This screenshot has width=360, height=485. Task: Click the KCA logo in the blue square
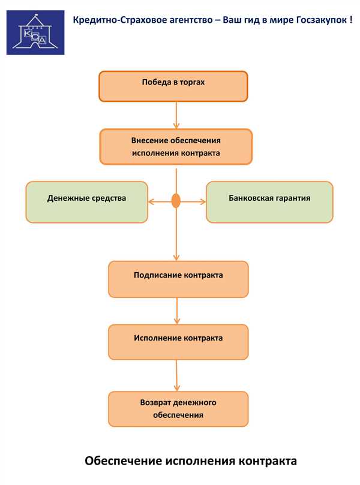click(35, 32)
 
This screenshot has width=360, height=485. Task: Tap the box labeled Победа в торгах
click(173, 86)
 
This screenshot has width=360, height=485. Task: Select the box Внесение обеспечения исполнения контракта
click(176, 147)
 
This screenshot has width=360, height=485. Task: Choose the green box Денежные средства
click(86, 202)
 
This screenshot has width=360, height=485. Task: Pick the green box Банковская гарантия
click(269, 202)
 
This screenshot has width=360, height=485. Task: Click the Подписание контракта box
click(178, 279)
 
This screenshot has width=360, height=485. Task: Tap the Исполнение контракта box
click(178, 342)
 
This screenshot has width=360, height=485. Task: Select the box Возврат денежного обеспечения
click(178, 409)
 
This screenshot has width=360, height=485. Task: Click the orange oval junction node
click(176, 201)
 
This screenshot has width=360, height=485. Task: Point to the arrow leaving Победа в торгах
click(176, 115)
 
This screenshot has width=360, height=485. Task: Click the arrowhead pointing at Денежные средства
click(151, 202)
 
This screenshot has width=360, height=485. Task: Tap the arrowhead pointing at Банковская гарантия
click(203, 202)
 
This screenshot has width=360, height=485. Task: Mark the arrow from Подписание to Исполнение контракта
click(177, 311)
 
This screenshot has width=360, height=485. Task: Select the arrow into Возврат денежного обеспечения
click(177, 375)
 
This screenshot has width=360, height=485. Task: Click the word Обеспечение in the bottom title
click(124, 461)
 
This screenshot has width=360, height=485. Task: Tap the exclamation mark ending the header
click(351, 20)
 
